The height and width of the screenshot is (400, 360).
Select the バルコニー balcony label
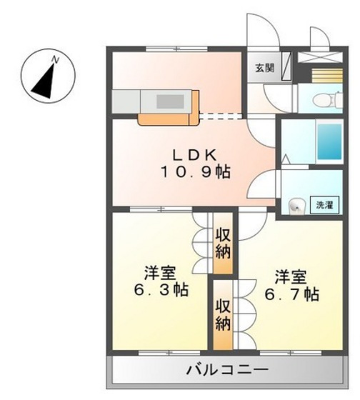(228, 370)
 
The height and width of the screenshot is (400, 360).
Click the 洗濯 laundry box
(324, 205)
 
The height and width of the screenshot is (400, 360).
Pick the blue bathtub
(329, 141)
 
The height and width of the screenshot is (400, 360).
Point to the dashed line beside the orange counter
(221, 116)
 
